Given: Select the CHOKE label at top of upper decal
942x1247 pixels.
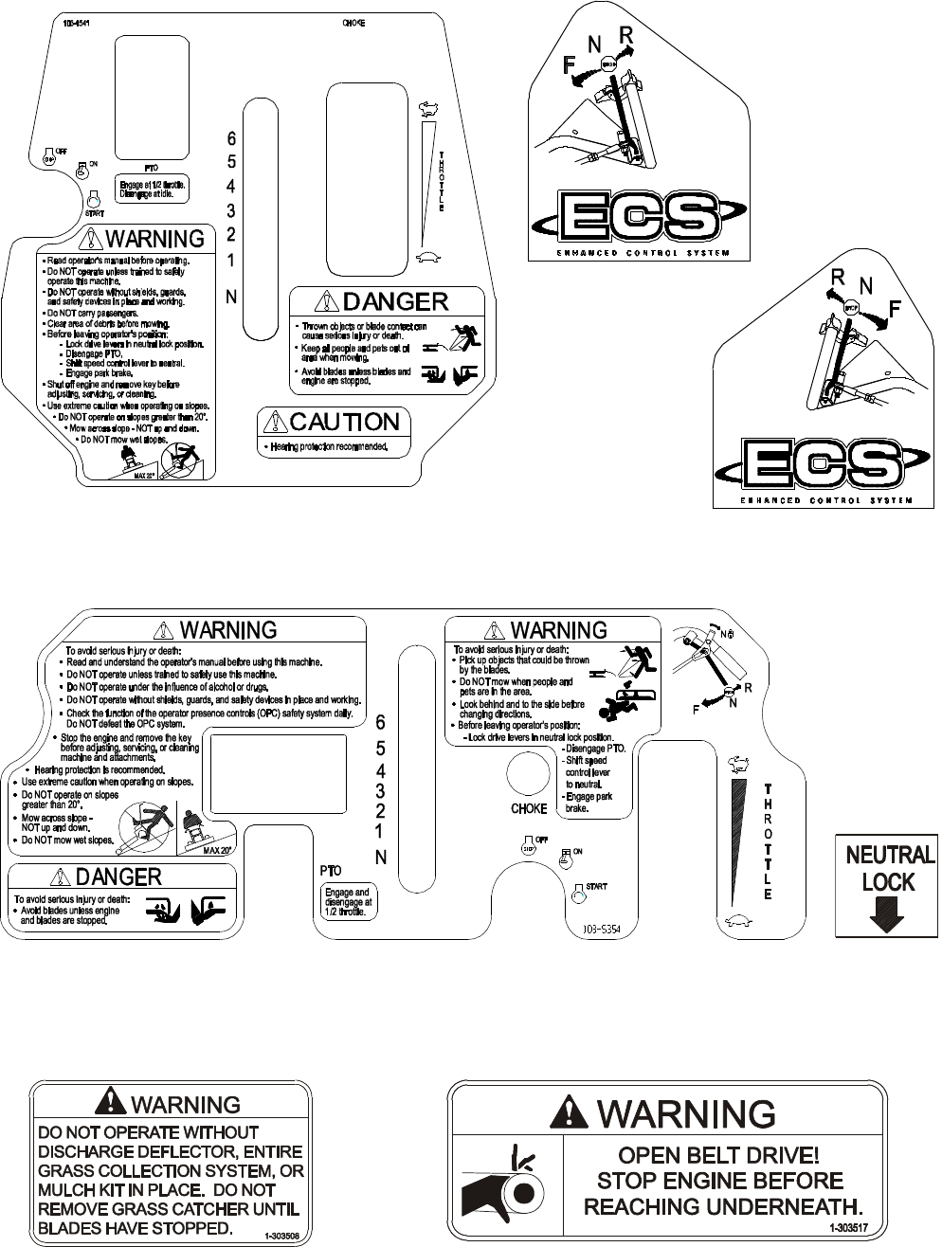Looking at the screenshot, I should tap(353, 22).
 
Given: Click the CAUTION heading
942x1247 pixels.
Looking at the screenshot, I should tap(344, 422).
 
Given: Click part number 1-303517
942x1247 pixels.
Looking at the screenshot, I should tap(849, 1227).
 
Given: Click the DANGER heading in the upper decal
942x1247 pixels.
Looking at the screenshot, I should tap(394, 301).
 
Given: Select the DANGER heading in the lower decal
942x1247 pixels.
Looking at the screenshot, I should tap(118, 877).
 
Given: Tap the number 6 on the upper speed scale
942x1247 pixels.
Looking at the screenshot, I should tap(231, 138).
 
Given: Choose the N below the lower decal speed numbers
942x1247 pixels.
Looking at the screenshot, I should tap(381, 858).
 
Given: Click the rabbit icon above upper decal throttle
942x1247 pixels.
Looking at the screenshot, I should tap(428, 108).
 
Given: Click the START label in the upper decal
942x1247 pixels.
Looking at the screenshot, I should tap(94, 214).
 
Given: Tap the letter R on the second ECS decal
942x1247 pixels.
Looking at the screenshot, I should tap(837, 278).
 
